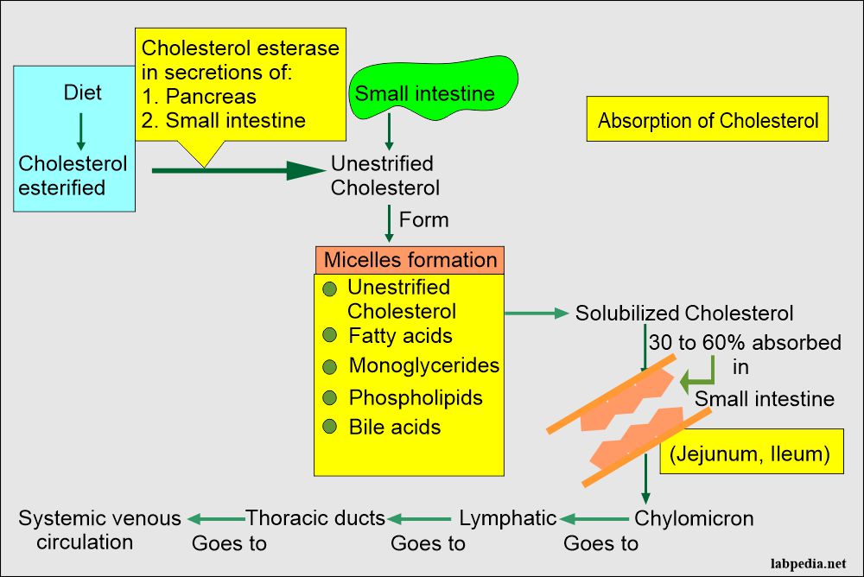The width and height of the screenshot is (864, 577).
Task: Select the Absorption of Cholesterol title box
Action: coord(708,120)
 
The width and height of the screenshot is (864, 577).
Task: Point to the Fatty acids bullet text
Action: coord(400,335)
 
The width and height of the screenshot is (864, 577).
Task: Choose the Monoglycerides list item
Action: coord(423,365)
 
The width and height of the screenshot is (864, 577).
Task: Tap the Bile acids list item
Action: coord(394,427)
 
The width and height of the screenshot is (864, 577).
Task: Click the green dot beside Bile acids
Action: coord(329,428)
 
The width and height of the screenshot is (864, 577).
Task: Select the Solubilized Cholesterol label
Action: coord(684,313)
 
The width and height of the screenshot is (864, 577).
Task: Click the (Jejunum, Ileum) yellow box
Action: coord(750,454)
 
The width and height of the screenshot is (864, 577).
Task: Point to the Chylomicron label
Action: coord(694,518)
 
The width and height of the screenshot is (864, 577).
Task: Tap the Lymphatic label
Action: coord(507,518)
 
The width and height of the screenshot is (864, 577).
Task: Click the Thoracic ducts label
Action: coord(315,518)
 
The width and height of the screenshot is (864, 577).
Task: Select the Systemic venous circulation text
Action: coord(99,529)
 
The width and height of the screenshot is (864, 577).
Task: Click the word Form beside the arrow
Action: coord(423,220)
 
